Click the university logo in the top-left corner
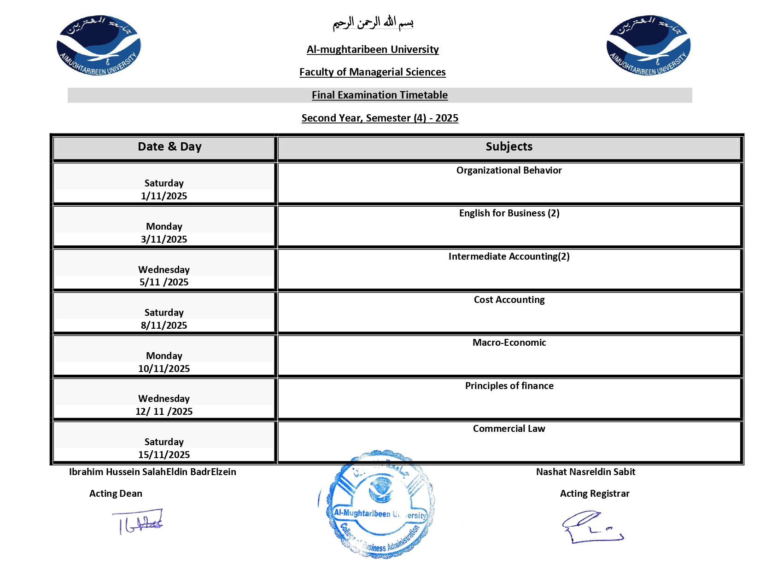[99, 45]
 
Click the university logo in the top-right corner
[649, 45]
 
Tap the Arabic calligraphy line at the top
[373, 23]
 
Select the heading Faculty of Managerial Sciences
[372, 72]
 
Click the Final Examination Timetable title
[380, 95]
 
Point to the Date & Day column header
[170, 146]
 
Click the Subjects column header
[509, 146]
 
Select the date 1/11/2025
[164, 196]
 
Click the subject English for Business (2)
[509, 213]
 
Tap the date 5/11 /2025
[164, 282]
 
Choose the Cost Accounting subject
[509, 300]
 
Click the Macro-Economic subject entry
[509, 343]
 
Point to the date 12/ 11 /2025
[164, 411]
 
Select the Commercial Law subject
[509, 429]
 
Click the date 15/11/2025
[164, 454]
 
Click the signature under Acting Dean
[138, 521]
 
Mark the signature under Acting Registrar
[592, 527]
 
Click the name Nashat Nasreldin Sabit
[585, 472]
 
